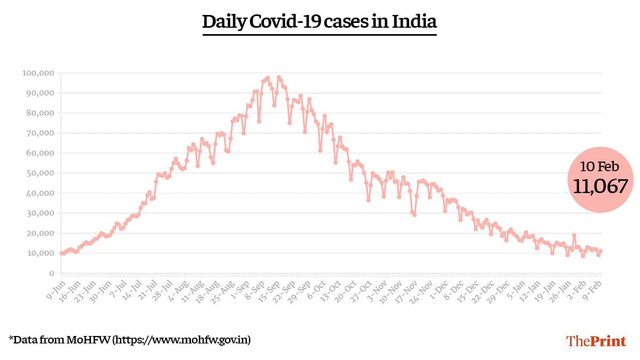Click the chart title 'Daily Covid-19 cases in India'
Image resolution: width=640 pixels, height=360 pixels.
[x=319, y=22]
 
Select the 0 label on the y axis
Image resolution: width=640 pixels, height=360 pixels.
[x=52, y=273]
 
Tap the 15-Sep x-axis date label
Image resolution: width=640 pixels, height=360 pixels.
[x=270, y=287]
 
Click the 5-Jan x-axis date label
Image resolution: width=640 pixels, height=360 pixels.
[x=514, y=286]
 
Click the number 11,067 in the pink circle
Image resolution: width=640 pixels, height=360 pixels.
[x=601, y=186]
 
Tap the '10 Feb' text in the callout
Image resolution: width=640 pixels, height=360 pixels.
[x=601, y=167]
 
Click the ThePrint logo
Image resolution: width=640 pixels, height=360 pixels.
[x=596, y=341]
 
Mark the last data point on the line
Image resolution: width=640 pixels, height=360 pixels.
[x=601, y=251]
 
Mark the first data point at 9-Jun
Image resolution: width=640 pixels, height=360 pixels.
[x=61, y=253]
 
